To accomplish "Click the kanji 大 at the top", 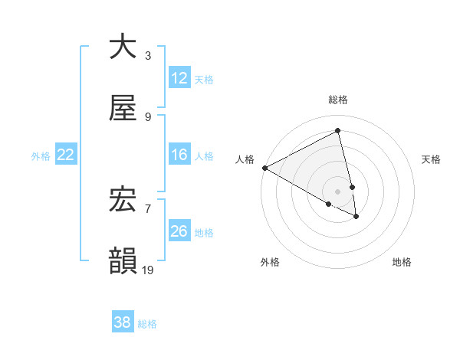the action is tap(123, 46).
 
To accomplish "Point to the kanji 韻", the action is tap(123, 260).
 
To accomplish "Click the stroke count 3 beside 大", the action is tap(148, 55).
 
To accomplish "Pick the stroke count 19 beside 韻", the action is tap(148, 270).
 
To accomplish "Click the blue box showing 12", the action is tap(179, 78).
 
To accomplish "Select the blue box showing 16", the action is tap(179, 155).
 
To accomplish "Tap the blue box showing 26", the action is tap(179, 231).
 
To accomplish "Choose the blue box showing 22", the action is tap(66, 155).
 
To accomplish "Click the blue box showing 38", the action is tap(123, 322).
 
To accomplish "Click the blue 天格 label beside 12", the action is tap(204, 79).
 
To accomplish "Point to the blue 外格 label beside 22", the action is tap(41, 155).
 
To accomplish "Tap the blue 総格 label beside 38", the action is tap(147, 323).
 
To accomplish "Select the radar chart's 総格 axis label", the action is tap(338, 100).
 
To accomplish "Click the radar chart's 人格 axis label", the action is tap(245, 159).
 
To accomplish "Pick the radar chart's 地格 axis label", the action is tap(402, 262).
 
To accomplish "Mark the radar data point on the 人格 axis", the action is tap(264, 168).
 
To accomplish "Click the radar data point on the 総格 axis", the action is tap(338, 131).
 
